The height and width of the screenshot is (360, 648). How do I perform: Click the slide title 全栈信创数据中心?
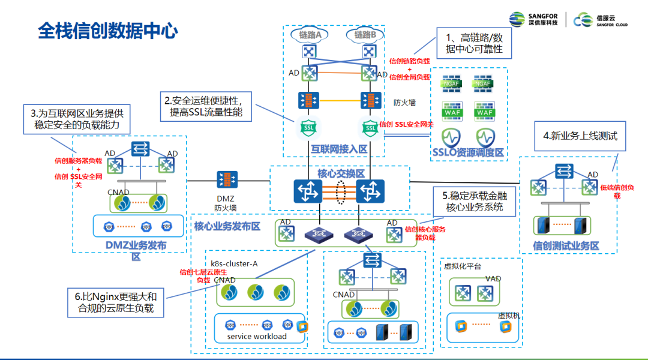[107, 31]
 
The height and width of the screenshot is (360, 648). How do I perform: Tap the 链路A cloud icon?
[310, 35]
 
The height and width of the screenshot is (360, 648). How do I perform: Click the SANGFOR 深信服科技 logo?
[533, 19]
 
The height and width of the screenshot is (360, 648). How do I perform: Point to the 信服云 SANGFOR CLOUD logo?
[600, 20]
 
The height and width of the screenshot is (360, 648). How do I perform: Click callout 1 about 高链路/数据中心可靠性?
[473, 43]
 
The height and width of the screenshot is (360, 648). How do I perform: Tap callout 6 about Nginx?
[115, 302]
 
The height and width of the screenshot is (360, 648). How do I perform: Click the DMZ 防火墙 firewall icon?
[227, 179]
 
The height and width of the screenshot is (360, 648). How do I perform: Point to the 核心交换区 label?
[341, 173]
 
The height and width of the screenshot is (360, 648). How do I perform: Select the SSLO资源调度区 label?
[468, 152]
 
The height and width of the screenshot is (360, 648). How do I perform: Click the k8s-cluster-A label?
[234, 263]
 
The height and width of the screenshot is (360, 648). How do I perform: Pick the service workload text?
[257, 336]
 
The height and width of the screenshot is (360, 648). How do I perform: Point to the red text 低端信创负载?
[616, 191]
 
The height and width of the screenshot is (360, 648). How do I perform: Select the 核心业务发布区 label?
[227, 226]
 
